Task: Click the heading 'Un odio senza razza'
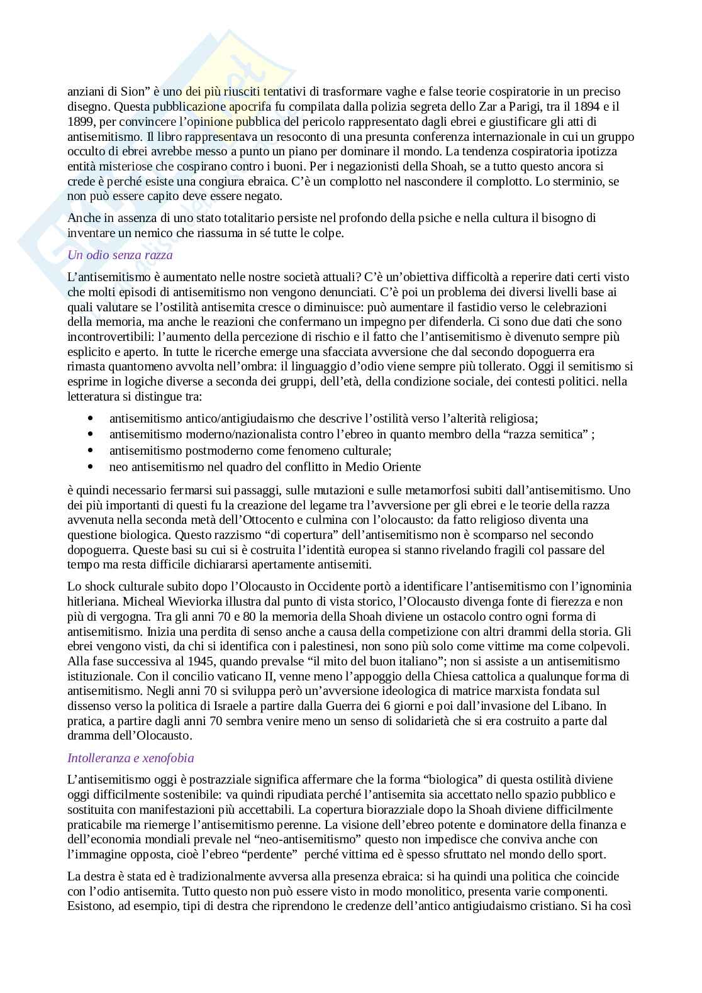point(120,255)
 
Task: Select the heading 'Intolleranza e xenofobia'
point(130,758)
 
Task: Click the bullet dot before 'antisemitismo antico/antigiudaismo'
point(91,419)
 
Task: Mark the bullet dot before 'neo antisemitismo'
point(91,467)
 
